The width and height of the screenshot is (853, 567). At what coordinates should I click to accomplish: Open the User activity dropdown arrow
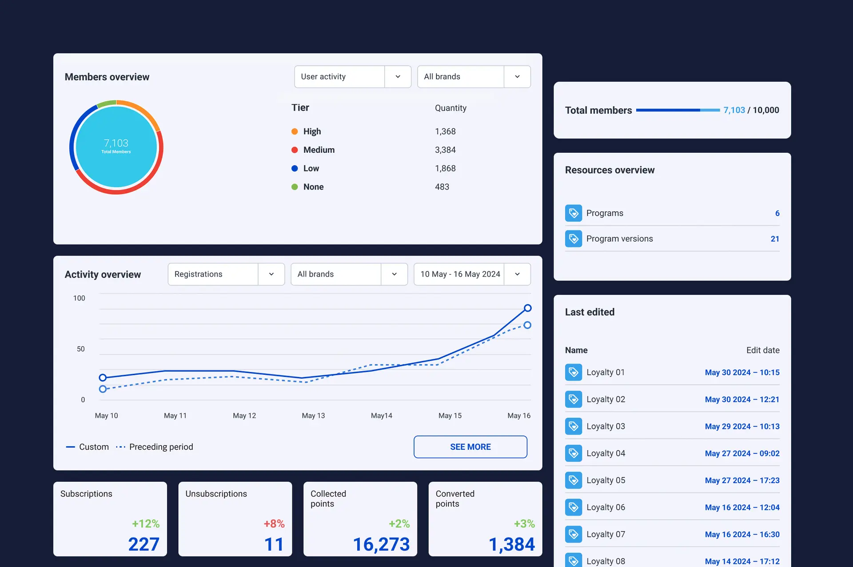coord(398,77)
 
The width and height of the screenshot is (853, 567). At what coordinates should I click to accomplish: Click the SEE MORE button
coord(470,447)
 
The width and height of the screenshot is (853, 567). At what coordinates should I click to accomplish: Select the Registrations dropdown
coord(226,274)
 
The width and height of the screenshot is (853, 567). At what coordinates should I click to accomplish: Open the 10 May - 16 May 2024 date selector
coord(472,274)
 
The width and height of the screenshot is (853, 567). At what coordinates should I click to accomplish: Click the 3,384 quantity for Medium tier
coord(445,150)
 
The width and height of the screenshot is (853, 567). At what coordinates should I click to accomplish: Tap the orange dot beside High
coord(295,131)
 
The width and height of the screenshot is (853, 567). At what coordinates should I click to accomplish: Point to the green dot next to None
coord(295,187)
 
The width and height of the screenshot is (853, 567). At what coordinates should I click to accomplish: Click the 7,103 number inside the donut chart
coord(116,143)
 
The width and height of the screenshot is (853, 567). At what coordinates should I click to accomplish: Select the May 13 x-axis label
coord(313,416)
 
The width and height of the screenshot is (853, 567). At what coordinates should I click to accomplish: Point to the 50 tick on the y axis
coord(80,349)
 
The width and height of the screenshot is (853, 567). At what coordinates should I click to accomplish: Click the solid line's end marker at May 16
coord(527,308)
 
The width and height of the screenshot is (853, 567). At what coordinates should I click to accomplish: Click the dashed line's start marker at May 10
coord(103,389)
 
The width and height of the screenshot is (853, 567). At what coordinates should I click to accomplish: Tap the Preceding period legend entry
coord(161,447)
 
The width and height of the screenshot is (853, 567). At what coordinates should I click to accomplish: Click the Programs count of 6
coord(777,213)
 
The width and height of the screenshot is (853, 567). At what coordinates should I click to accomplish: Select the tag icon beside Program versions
coord(573,239)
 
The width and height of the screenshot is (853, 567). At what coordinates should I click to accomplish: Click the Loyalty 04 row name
coord(606,453)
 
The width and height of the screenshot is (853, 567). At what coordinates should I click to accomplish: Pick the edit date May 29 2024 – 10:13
coord(742,426)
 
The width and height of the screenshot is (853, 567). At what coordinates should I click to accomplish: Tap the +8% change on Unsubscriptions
coord(274,523)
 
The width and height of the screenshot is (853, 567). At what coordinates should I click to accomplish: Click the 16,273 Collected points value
coord(381,544)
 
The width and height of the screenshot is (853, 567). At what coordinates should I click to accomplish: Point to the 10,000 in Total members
coord(765,110)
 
